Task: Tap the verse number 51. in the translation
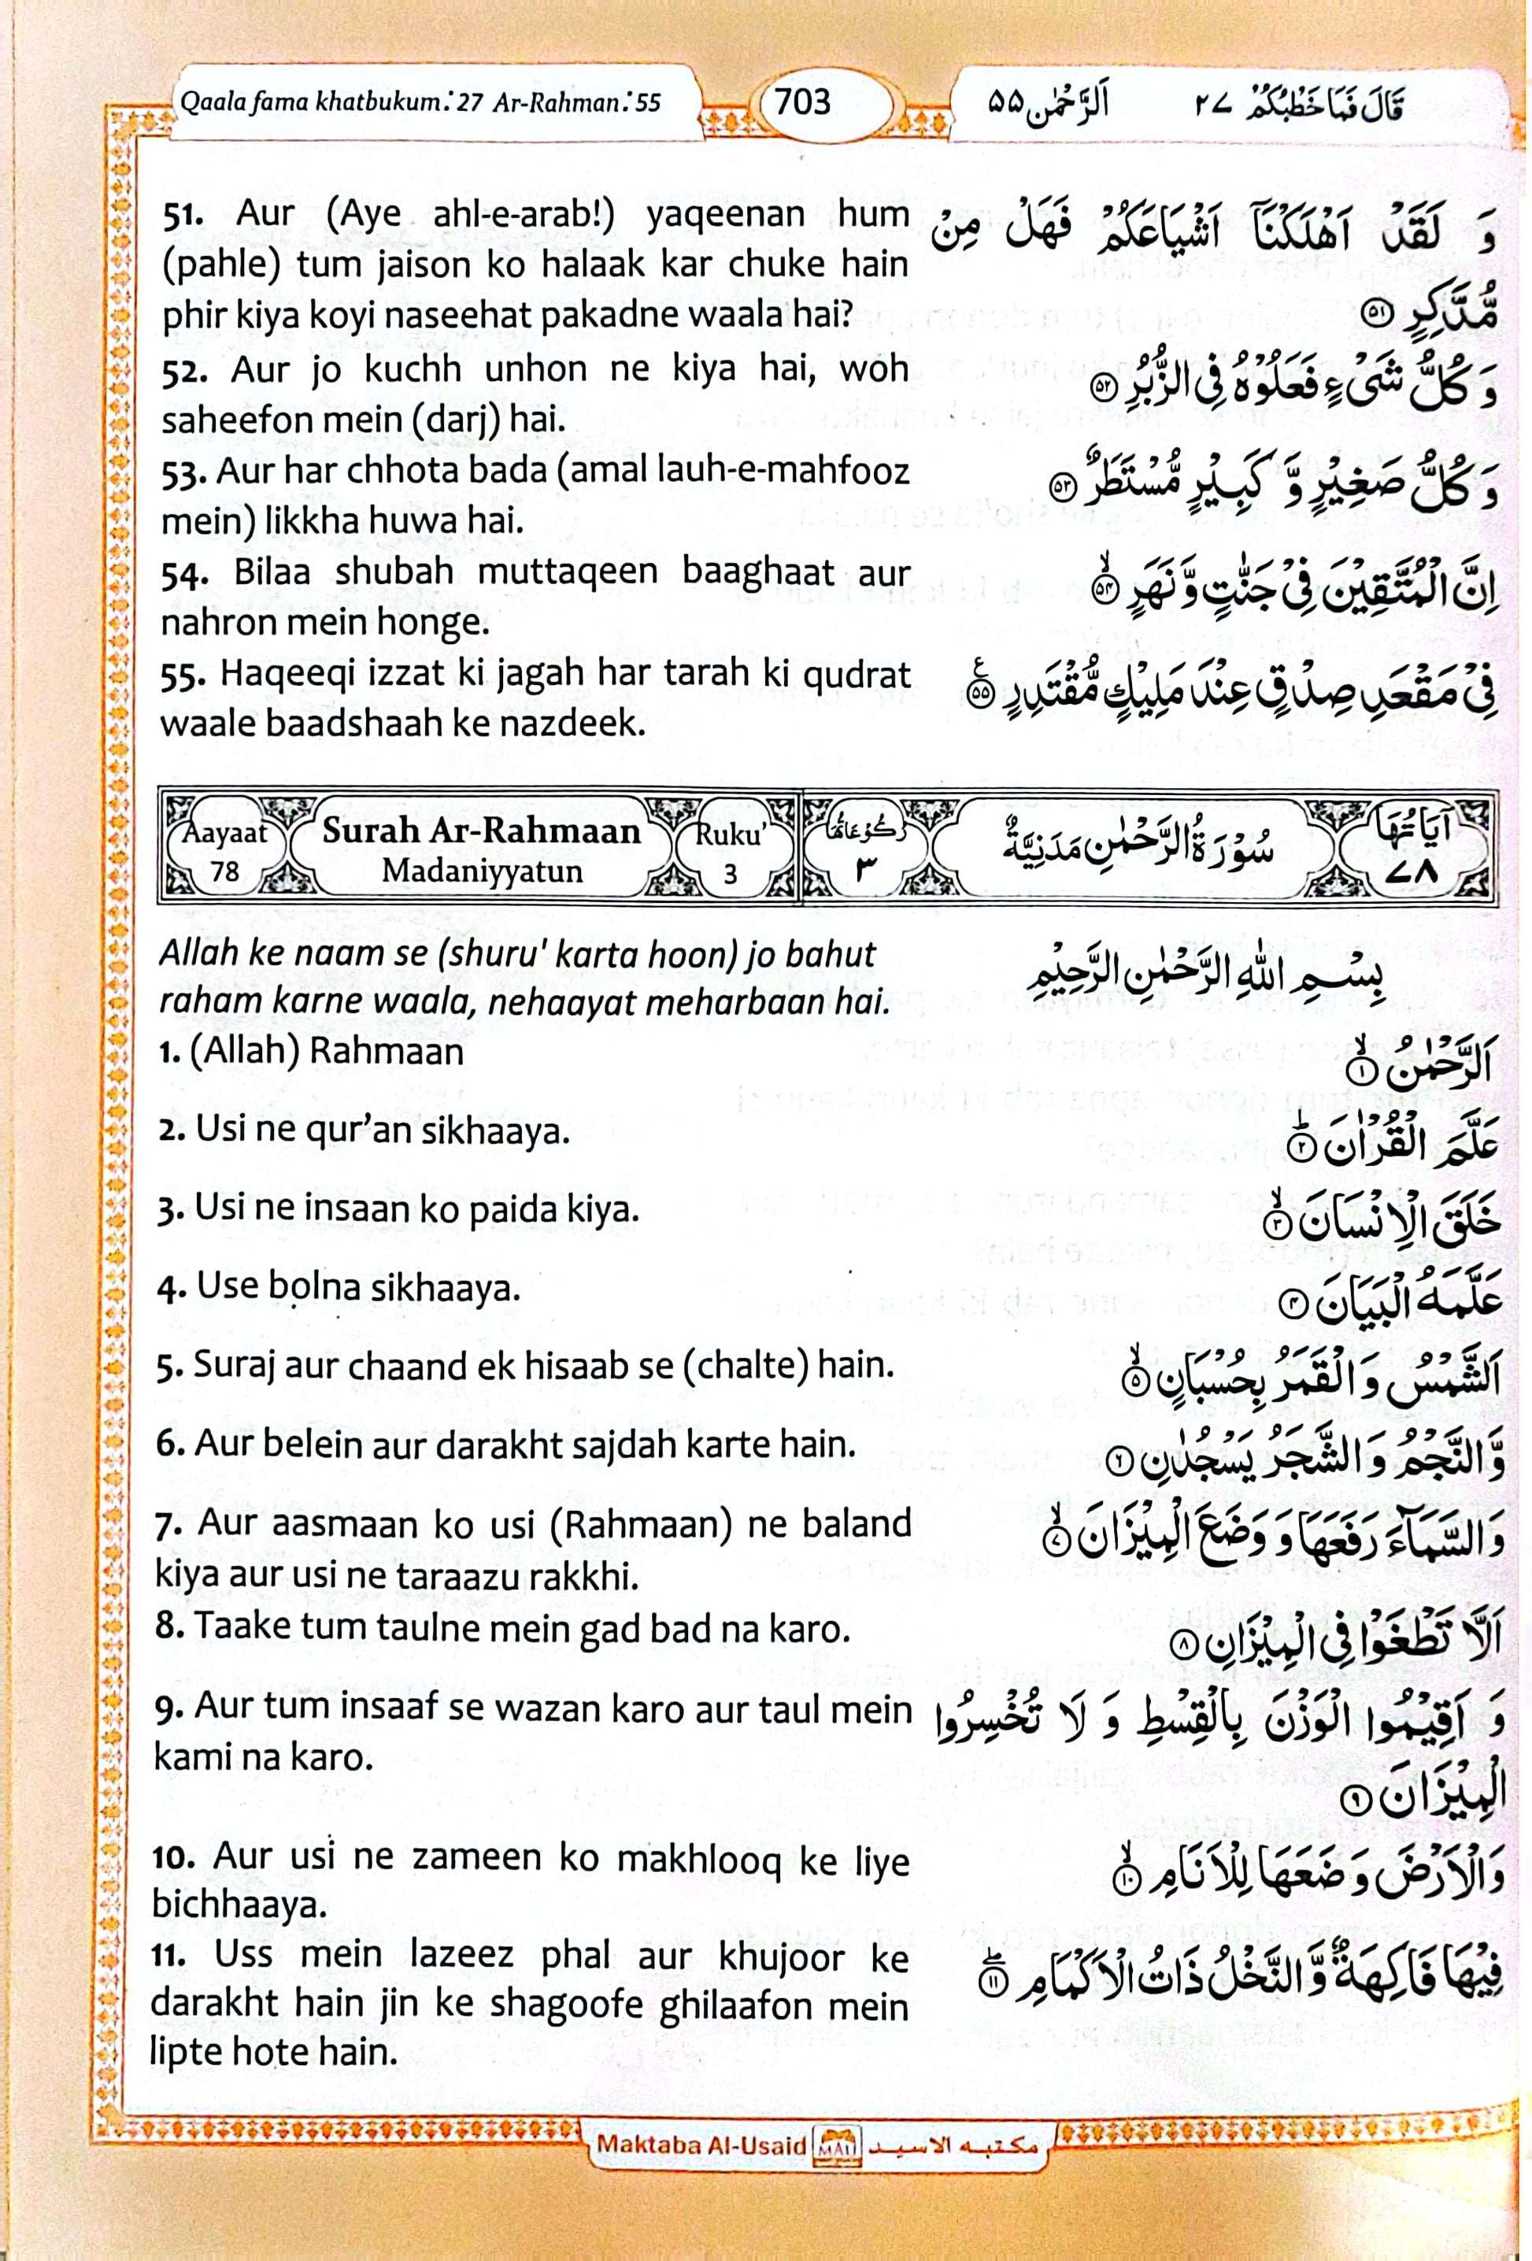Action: pos(187,214)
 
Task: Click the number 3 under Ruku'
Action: pos(730,873)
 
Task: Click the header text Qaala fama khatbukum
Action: pos(309,102)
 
